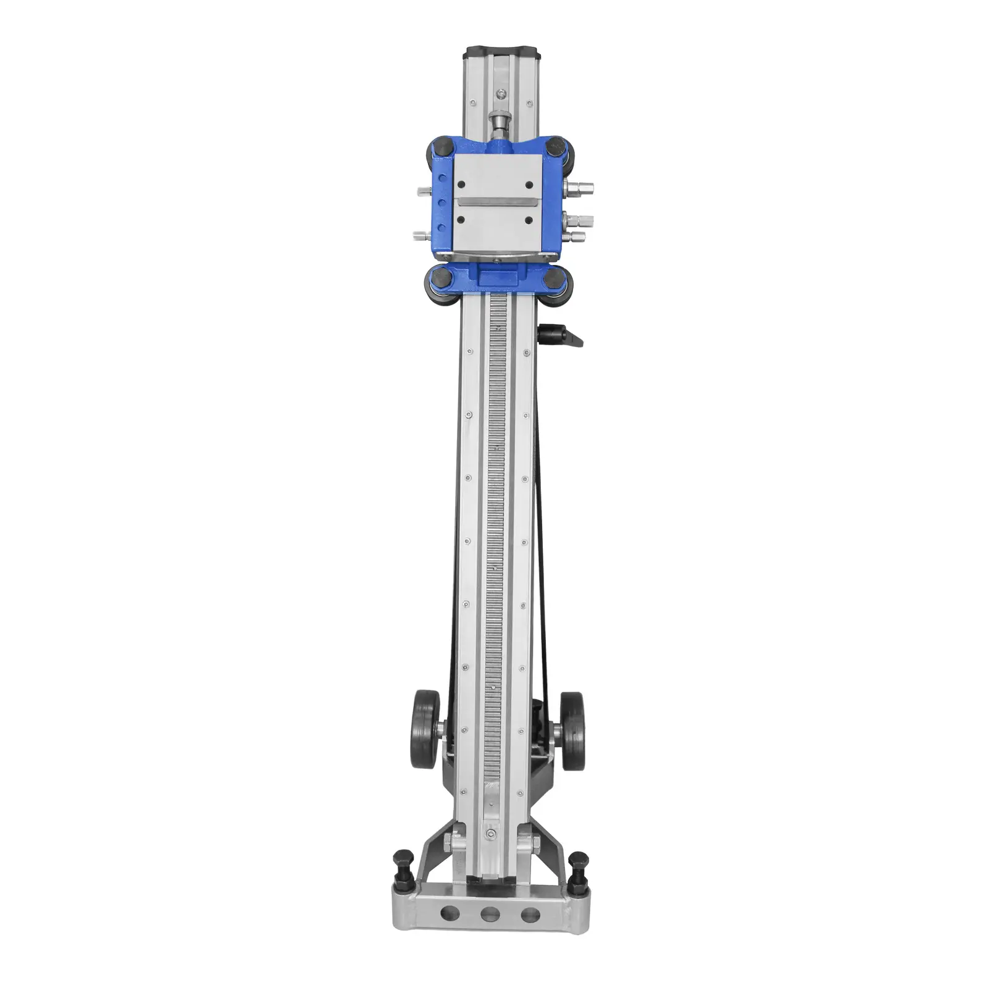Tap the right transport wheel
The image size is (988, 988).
(x=572, y=731)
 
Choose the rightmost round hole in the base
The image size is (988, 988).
(x=530, y=913)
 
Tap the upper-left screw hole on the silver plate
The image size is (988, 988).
(x=460, y=183)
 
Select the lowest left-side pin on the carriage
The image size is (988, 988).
(x=422, y=235)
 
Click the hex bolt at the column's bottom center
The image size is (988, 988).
(x=490, y=834)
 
